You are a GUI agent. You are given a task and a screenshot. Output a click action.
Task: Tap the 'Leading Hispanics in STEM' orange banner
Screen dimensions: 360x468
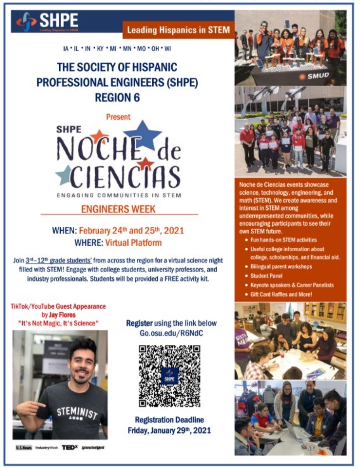(180, 30)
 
